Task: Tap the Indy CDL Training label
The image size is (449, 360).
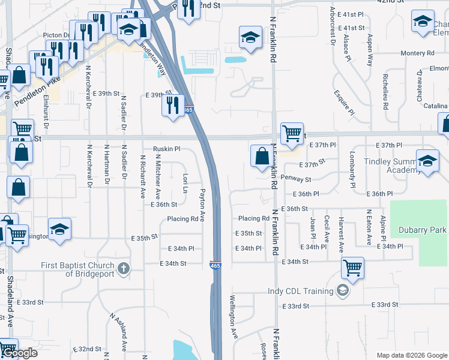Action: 300,292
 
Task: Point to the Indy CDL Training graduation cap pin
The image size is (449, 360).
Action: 342,291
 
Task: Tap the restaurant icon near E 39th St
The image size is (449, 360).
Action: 173,106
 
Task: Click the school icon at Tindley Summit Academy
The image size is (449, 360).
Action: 427,161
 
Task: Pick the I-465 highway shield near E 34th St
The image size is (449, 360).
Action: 214,264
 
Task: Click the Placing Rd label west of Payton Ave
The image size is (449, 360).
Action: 182,219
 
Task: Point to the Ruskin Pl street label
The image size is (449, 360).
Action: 166,149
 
